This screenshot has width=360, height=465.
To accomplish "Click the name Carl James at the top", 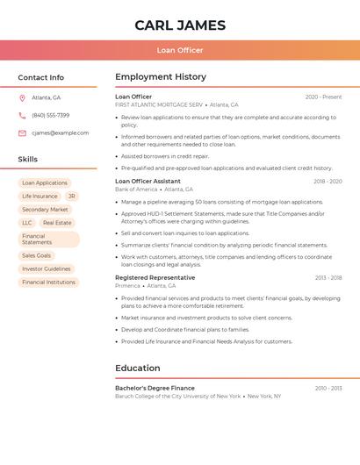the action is pyautogui.click(x=180, y=25).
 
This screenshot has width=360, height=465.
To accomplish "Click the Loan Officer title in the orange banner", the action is pyautogui.click(x=180, y=50).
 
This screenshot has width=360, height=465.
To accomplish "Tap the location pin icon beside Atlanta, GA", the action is pyautogui.click(x=22, y=97).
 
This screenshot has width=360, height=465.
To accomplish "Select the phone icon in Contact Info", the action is pyautogui.click(x=22, y=115).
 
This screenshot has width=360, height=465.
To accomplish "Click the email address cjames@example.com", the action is pyautogui.click(x=61, y=132).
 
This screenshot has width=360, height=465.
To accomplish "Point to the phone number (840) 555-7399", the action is pyautogui.click(x=51, y=115).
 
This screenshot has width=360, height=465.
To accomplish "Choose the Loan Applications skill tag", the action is pyautogui.click(x=45, y=183).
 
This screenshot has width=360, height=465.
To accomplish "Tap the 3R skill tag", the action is pyautogui.click(x=71, y=197).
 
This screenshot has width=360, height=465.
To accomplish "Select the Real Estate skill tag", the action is pyautogui.click(x=57, y=223).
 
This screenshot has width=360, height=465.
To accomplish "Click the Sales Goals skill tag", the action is pyautogui.click(x=37, y=255).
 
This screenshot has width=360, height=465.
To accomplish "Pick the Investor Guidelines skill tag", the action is pyautogui.click(x=47, y=268).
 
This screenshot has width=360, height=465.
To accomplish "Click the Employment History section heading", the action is pyautogui.click(x=161, y=77).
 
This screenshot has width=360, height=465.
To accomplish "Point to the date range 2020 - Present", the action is pyautogui.click(x=323, y=97).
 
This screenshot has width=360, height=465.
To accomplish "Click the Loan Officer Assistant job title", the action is pyautogui.click(x=148, y=181).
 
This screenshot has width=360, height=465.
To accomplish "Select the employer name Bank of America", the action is pyautogui.click(x=136, y=190).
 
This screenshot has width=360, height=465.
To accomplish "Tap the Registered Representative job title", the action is pyautogui.click(x=155, y=277).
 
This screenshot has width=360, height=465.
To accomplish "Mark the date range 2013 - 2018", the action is pyautogui.click(x=328, y=277).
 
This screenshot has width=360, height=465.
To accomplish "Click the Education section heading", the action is pyautogui.click(x=138, y=368).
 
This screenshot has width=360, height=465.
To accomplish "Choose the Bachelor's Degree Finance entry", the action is pyautogui.click(x=155, y=388).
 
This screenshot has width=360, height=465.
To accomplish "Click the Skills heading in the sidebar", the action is pyautogui.click(x=28, y=160).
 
